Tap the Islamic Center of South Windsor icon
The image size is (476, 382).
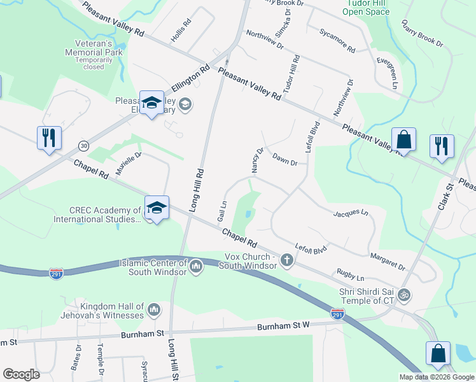[x=196, y=267]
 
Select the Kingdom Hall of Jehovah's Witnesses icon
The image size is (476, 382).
[x=153, y=310]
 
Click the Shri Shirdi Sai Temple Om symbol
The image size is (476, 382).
[x=402, y=295]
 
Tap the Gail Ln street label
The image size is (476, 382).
[x=223, y=211]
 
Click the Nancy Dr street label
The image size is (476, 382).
[x=257, y=160]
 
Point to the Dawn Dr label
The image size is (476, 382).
[x=284, y=159]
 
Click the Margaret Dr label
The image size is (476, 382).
[x=388, y=261]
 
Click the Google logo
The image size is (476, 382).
[x=21, y=374]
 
